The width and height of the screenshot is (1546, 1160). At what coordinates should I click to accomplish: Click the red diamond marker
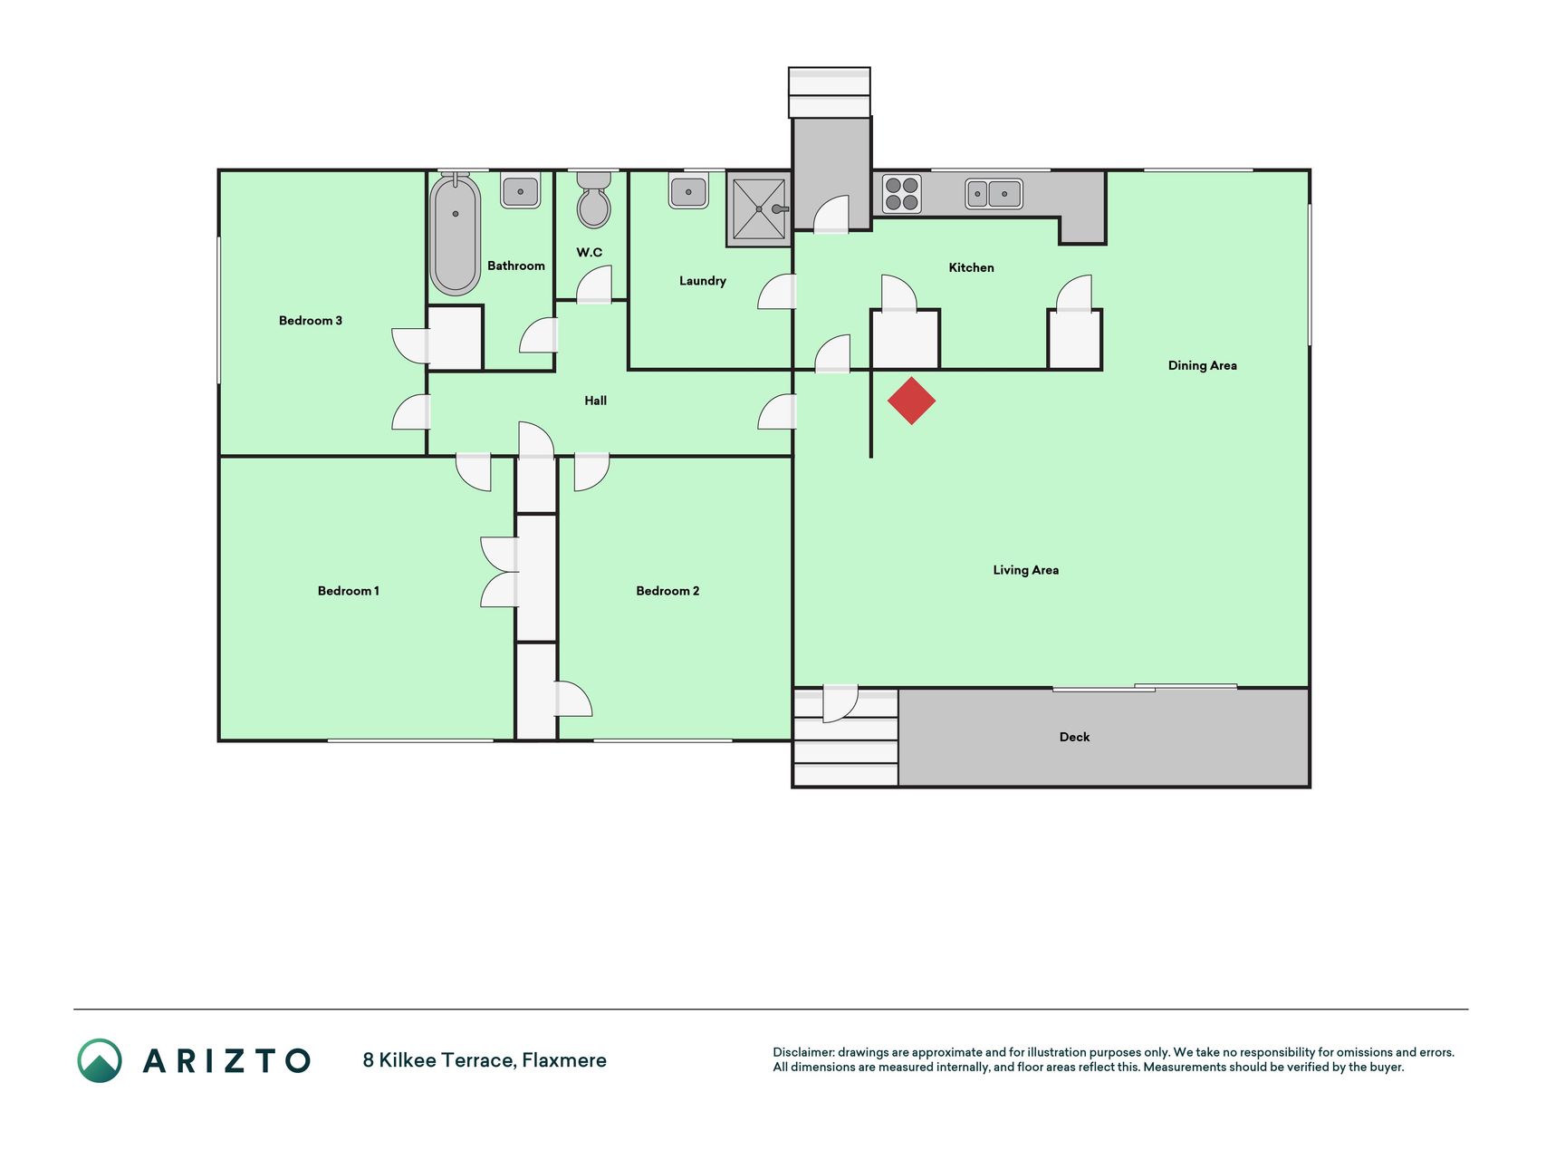pos(911,401)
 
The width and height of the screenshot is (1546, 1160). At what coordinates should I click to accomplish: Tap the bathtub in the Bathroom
pos(455,234)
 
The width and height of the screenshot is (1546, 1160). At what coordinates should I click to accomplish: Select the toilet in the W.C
pos(593,198)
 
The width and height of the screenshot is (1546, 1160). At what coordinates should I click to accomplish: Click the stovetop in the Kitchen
pos(901,194)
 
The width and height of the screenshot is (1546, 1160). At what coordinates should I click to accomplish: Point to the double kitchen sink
pos(994,194)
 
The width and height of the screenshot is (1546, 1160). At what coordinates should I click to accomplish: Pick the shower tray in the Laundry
pos(759,209)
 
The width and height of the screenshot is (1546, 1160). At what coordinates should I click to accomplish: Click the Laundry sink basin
pos(688,191)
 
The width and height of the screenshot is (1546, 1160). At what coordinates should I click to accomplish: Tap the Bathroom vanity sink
pos(521,190)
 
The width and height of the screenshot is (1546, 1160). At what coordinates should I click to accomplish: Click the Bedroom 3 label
pos(311,320)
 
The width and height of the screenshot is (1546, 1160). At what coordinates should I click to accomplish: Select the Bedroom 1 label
pos(349,591)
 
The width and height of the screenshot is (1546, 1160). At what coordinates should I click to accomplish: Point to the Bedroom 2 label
pos(667,591)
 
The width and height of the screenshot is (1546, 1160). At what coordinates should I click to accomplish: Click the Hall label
pos(595,401)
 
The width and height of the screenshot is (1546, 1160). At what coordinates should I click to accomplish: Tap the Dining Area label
pos(1202,365)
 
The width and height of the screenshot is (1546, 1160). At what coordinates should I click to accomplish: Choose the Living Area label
pos(1025,570)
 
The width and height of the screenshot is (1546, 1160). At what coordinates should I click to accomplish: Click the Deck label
pos(1074,737)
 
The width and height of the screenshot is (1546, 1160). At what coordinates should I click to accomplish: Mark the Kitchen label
pos(971,267)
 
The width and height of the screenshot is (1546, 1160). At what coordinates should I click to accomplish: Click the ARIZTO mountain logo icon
pos(100,1060)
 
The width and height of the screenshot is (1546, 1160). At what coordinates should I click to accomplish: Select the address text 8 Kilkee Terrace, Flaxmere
pos(485,1060)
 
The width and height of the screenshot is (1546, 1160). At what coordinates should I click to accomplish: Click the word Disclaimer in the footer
pos(802,1052)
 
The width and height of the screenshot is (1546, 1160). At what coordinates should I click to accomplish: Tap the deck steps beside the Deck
pos(845,738)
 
